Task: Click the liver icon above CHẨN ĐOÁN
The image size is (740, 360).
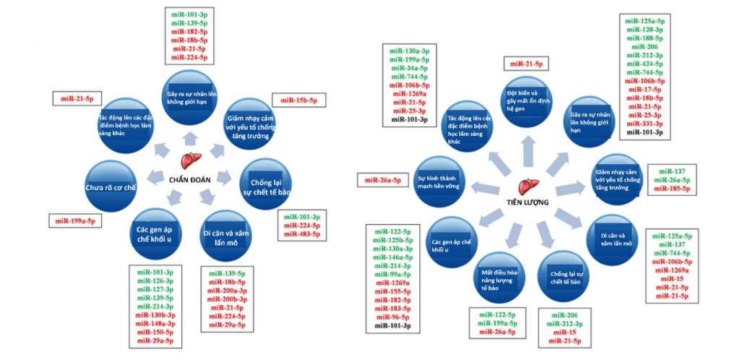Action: coord(191,160)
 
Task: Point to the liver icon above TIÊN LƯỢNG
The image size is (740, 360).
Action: coord(530,186)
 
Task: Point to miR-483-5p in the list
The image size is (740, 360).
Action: coord(301,234)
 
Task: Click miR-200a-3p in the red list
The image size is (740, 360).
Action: coord(228,291)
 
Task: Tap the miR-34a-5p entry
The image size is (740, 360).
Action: coord(410,68)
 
